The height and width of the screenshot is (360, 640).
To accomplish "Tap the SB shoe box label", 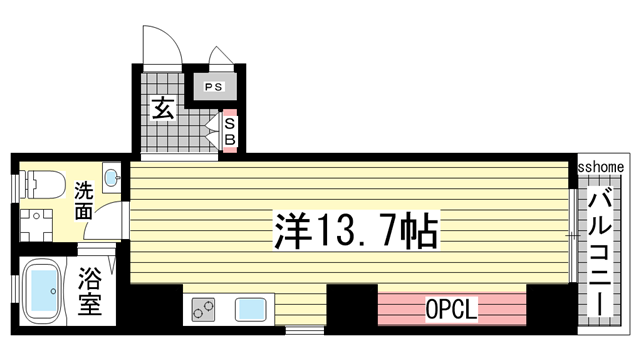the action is pos(229,131).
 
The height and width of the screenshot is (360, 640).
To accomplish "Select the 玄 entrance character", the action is pos(163,108).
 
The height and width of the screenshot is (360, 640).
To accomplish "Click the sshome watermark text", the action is pos(602,167).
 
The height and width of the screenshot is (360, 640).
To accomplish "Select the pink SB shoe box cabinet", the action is pos(229,130).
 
